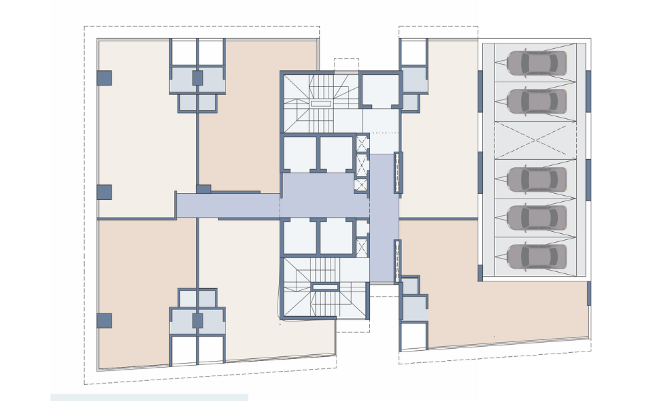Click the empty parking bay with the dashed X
[x=535, y=140]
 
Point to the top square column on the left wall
[x=104, y=78]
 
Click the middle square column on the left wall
[x=104, y=192]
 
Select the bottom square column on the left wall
[x=104, y=320]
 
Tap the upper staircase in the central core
[x=320, y=104]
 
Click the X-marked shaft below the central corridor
[x=362, y=247]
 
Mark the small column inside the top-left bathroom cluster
[x=197, y=78]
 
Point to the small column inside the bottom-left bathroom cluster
[x=197, y=320]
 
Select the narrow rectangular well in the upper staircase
[x=321, y=104]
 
